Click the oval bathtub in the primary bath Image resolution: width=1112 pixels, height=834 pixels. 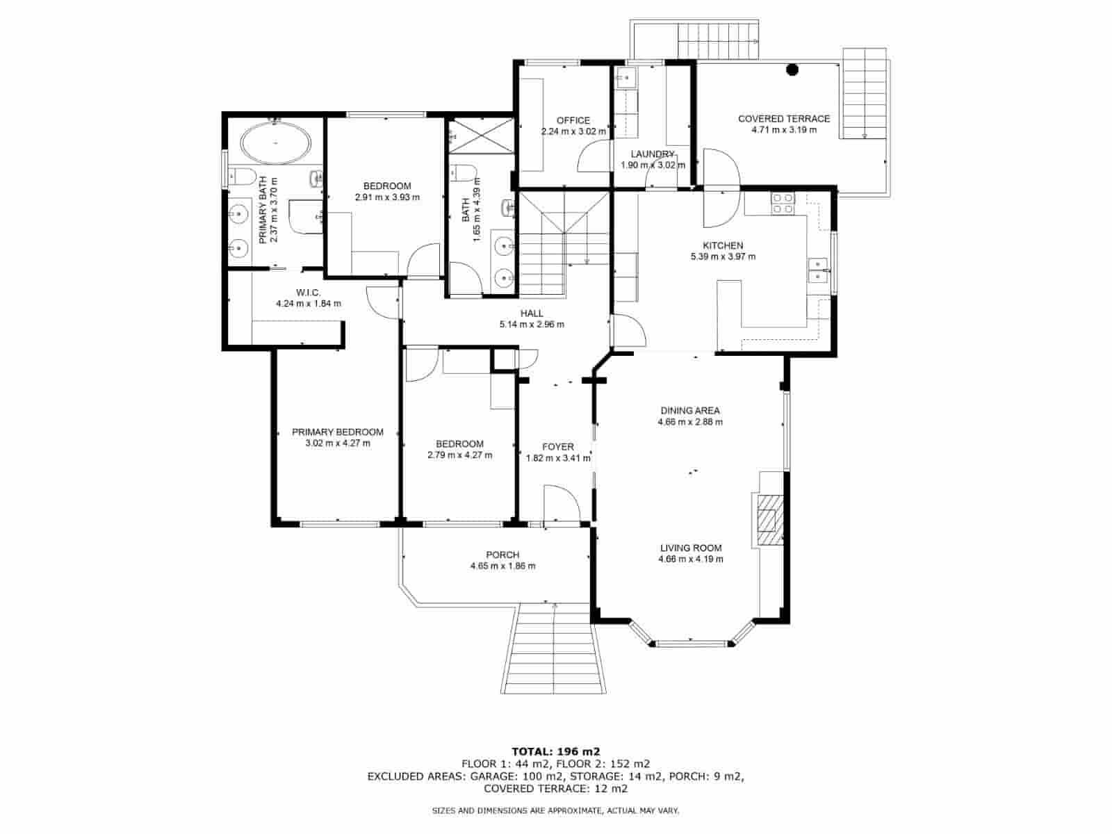[x=276, y=143]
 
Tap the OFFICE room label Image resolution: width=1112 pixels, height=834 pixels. [x=573, y=120]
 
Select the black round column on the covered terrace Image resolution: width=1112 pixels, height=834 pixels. [x=792, y=70]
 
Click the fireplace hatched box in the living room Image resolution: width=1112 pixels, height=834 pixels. [x=770, y=520]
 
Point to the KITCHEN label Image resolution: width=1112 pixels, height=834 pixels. [x=723, y=245]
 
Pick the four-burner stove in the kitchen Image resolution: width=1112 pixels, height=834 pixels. [x=783, y=203]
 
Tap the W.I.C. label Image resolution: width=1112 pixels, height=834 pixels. [x=308, y=293]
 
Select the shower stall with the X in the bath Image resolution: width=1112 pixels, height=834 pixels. [x=481, y=136]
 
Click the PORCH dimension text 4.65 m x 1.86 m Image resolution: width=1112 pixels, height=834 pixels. [x=502, y=566]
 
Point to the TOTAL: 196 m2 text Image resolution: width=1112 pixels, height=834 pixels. [x=556, y=751]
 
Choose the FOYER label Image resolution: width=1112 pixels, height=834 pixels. [x=558, y=447]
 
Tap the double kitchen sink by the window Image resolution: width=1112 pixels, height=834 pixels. [x=817, y=270]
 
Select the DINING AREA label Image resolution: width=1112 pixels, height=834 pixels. [x=690, y=411]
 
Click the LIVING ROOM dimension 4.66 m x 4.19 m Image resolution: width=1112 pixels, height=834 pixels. [x=691, y=559]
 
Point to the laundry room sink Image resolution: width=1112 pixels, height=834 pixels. [x=626, y=78]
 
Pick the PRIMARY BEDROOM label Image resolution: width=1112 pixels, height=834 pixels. [x=337, y=432]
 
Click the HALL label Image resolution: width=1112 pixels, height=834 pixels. [x=532, y=313]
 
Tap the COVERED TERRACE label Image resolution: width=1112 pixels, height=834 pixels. [x=784, y=118]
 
